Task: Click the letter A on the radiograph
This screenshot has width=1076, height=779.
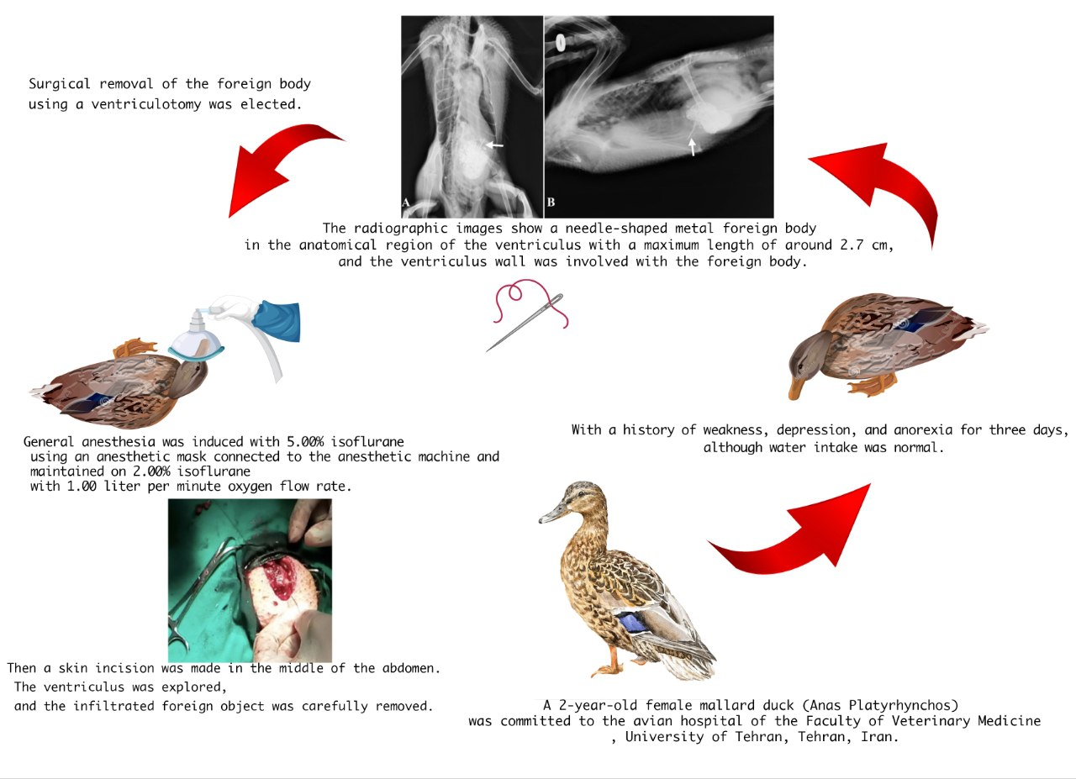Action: click(x=406, y=203)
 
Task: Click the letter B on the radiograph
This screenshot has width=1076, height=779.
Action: click(x=551, y=203)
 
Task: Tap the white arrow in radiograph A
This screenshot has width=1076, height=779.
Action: click(x=495, y=145)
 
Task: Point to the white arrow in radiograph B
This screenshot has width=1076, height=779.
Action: click(x=692, y=147)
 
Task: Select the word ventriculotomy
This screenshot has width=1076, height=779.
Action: click(x=146, y=104)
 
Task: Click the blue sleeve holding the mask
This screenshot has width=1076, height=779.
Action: click(x=277, y=321)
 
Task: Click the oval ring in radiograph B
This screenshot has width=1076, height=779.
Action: click(x=560, y=43)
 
